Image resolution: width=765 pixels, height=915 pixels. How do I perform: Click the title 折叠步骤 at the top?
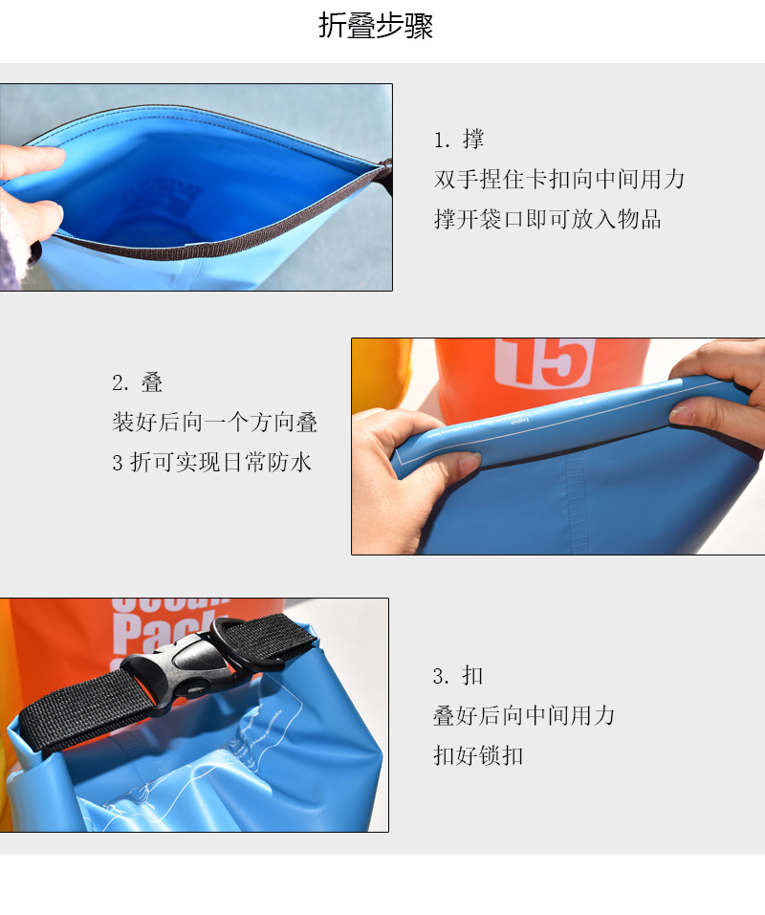[x=375, y=26]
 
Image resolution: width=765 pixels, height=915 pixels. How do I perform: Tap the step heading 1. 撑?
[x=459, y=140]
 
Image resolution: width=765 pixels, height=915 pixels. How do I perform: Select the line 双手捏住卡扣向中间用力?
[x=559, y=179]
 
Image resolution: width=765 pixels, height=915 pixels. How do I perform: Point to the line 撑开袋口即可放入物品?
[x=547, y=219]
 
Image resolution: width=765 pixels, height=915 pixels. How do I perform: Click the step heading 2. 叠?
[x=137, y=382]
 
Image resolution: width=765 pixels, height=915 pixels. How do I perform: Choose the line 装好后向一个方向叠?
[x=215, y=423]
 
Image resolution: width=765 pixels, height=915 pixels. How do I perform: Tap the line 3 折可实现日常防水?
[x=212, y=462]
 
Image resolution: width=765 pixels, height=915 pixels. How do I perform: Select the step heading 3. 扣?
[x=458, y=676]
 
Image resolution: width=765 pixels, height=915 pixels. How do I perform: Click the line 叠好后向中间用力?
[x=524, y=715]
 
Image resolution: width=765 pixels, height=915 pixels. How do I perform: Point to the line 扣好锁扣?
[x=478, y=755]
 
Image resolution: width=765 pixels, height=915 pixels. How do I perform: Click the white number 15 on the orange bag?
[x=545, y=363]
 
